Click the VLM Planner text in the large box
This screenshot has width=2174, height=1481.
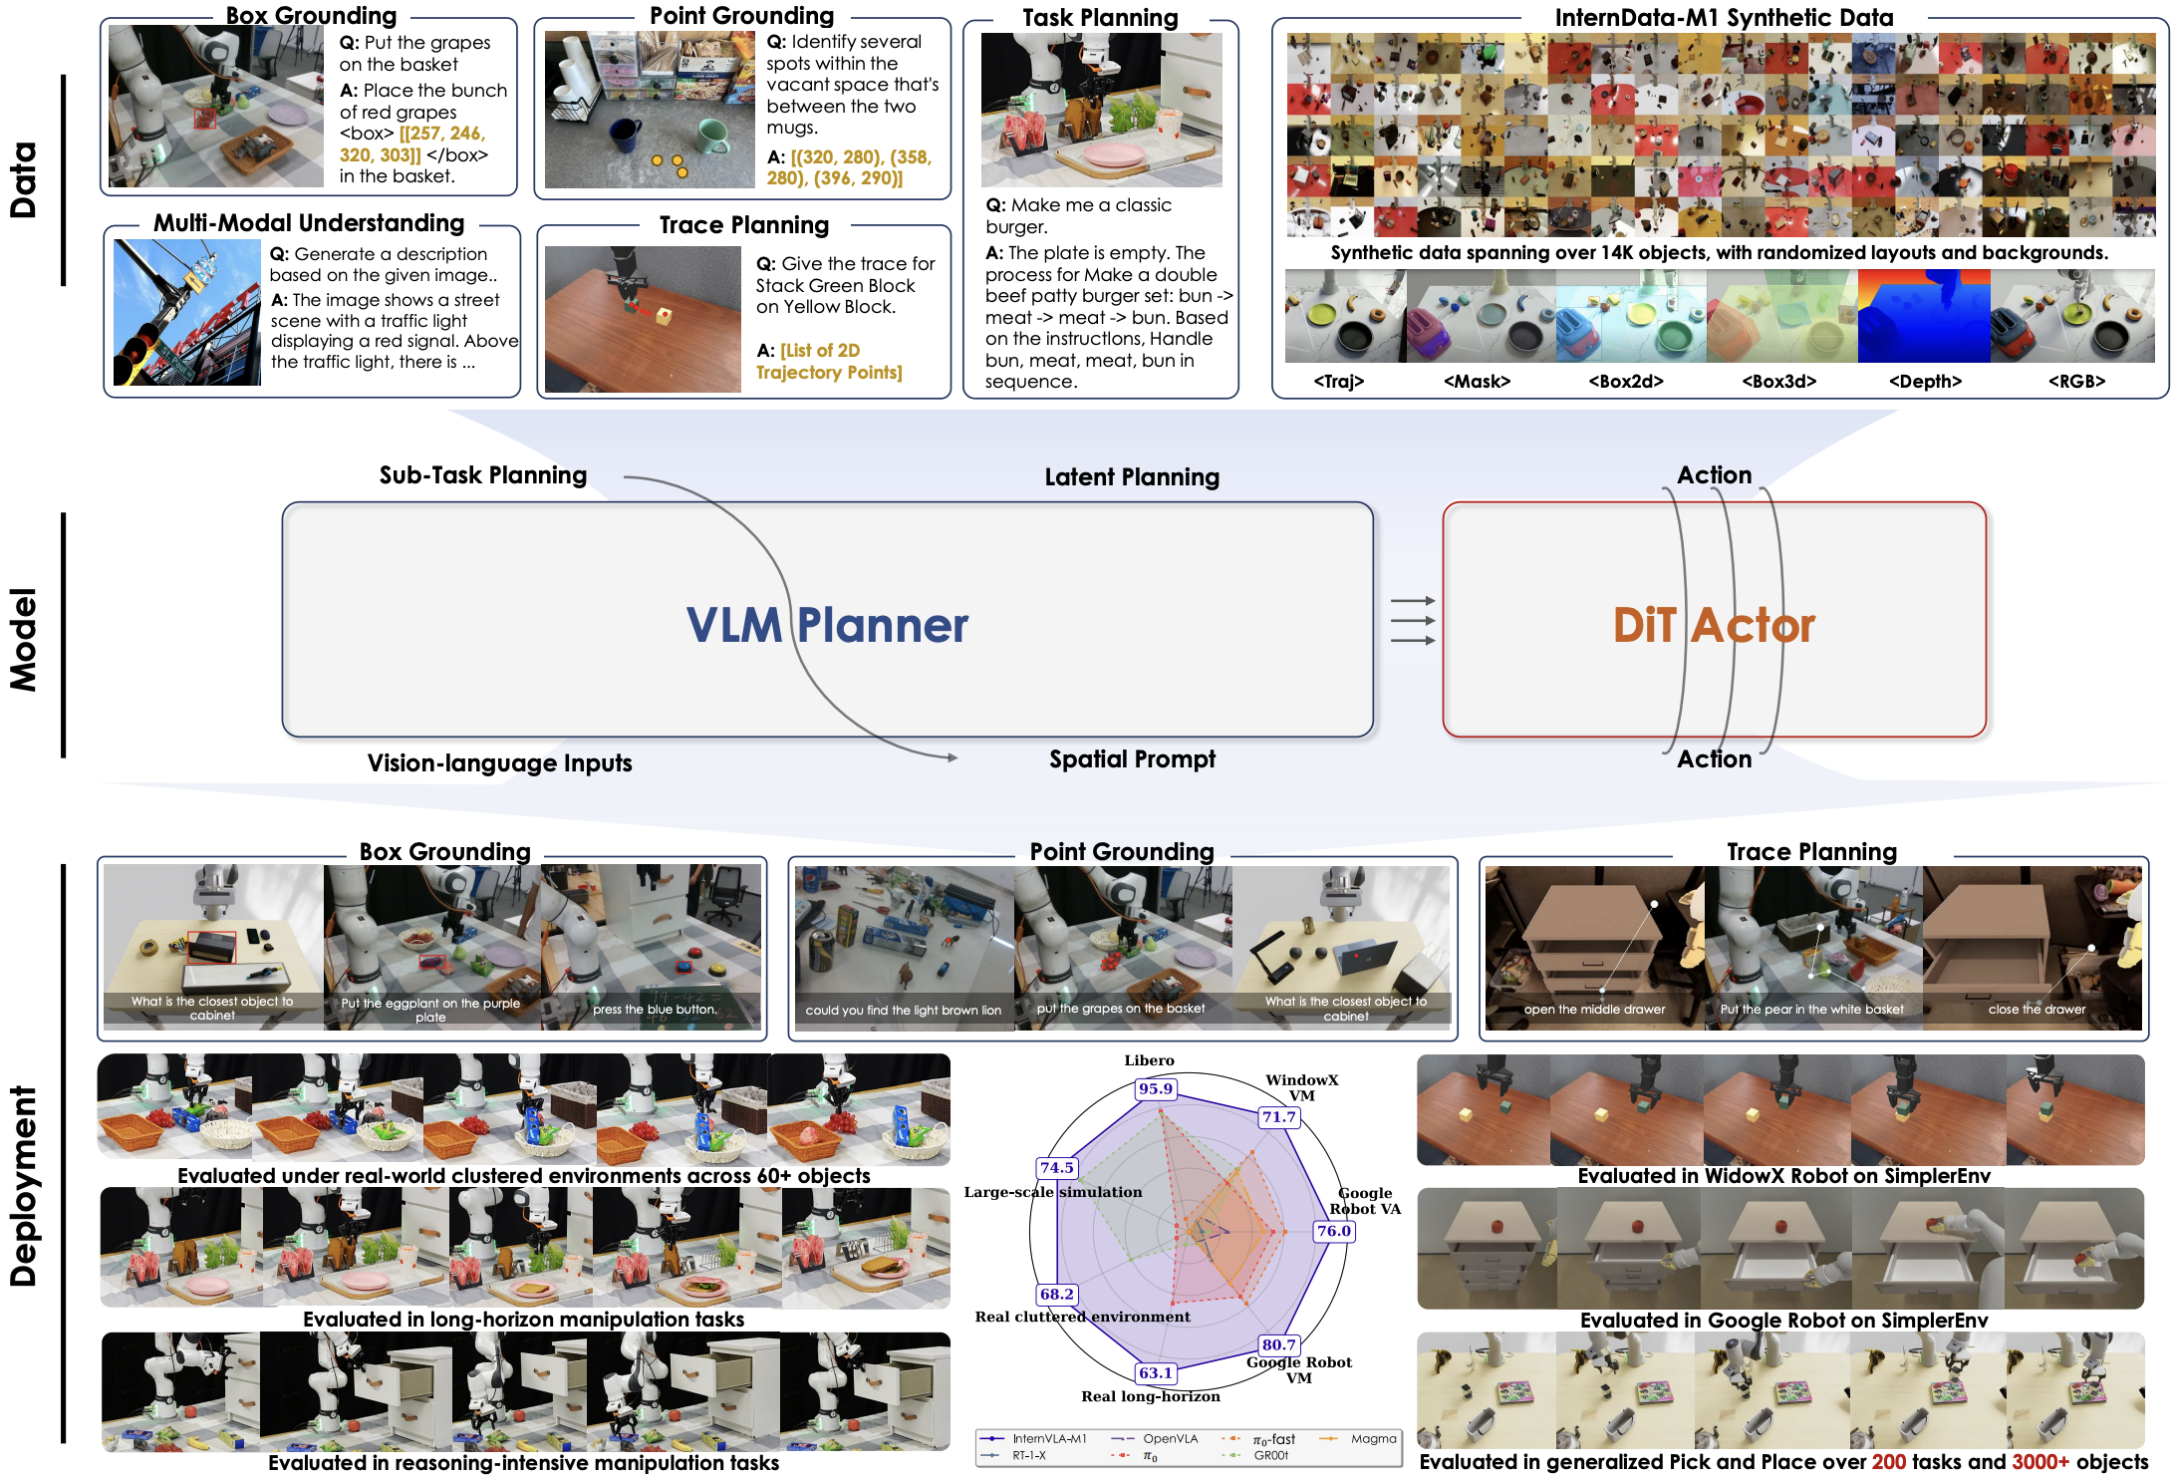point(827,625)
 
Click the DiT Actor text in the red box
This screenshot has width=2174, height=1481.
point(1714,625)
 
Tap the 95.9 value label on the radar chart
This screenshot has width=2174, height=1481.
point(1156,1088)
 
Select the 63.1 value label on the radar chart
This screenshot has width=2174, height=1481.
point(1156,1372)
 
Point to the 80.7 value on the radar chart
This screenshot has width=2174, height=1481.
point(1279,1344)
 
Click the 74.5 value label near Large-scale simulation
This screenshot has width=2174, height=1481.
point(1057,1167)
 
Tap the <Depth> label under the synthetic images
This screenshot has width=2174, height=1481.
point(1925,381)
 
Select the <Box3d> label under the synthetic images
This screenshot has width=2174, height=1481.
point(1778,381)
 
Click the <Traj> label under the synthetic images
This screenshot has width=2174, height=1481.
point(1338,381)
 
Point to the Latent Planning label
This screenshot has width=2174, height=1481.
point(1132,477)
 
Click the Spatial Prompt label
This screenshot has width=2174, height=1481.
point(1132,759)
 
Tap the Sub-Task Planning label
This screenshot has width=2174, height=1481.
point(483,475)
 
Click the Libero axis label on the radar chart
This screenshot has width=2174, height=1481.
point(1149,1060)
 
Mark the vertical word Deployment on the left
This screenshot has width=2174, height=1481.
point(23,1186)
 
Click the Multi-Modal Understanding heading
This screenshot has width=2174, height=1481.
point(309,223)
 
